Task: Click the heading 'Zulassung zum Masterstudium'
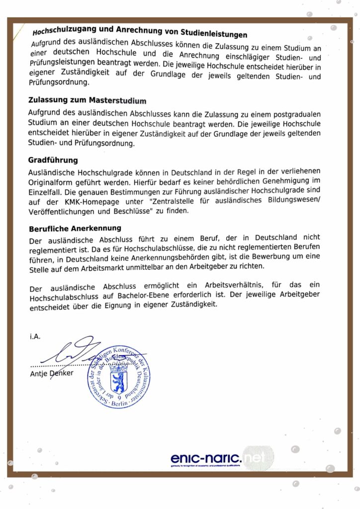(x=87, y=100)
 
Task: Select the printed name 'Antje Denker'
(x=51, y=373)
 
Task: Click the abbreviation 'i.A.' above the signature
(x=35, y=337)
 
